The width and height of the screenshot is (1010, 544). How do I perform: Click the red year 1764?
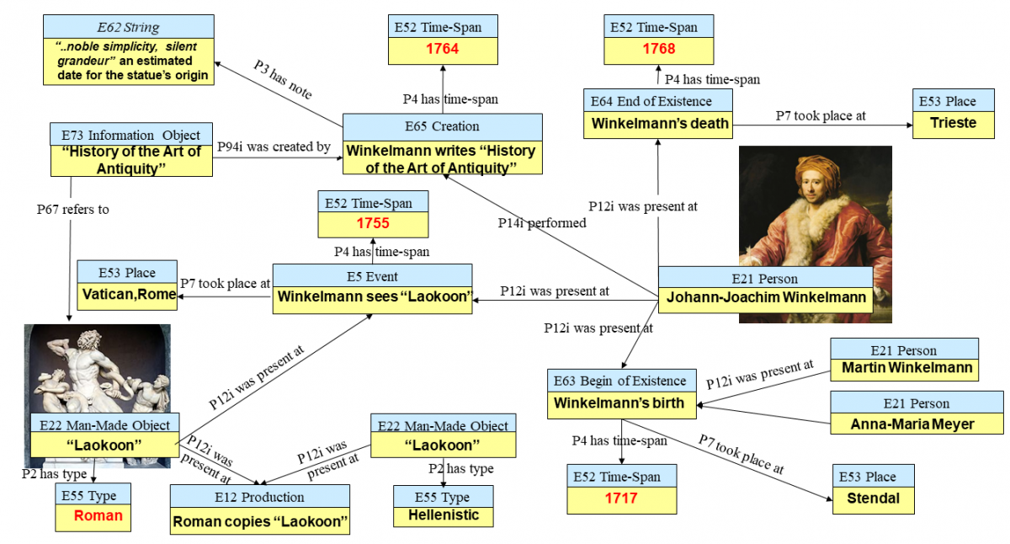tap(442, 49)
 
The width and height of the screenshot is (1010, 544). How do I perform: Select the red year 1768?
tap(658, 49)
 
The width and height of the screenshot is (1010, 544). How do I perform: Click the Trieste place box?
tap(953, 123)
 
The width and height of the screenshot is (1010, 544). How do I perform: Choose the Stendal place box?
tap(873, 499)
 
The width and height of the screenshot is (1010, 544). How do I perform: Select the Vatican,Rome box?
tap(129, 295)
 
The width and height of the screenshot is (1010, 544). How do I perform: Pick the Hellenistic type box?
tap(443, 515)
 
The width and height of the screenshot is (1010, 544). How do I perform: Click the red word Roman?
tap(98, 516)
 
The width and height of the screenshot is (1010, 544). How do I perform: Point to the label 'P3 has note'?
tap(283, 82)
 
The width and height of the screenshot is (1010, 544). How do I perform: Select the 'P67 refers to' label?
tap(73, 210)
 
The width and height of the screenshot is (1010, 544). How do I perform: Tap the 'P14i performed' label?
tap(541, 223)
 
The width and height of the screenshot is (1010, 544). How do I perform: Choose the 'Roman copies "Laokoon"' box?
tap(260, 521)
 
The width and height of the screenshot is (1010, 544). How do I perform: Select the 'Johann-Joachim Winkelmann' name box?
tap(766, 297)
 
